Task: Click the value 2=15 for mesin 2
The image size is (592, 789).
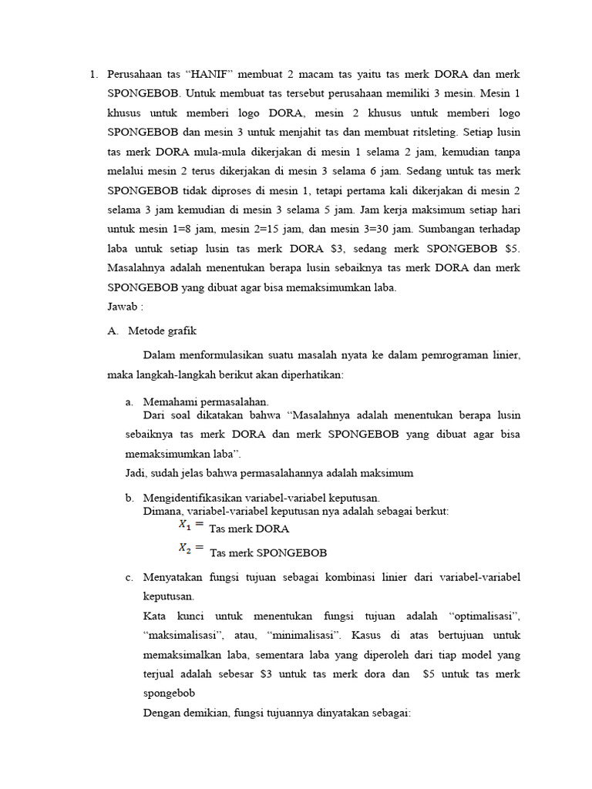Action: tap(279, 229)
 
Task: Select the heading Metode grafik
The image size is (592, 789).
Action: tap(162, 331)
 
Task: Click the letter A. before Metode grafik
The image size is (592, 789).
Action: tap(113, 331)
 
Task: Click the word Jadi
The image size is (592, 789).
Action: tap(136, 472)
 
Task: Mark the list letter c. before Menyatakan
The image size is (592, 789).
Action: tap(129, 577)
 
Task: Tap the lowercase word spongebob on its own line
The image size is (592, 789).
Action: tap(169, 693)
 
